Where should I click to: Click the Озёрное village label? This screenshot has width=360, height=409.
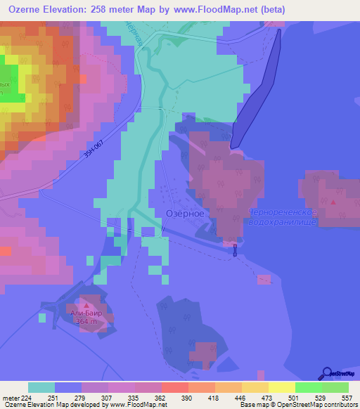click(x=184, y=213)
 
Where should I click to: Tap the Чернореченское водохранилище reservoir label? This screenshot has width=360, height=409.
click(x=283, y=217)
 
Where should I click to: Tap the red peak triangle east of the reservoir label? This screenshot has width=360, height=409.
click(x=333, y=202)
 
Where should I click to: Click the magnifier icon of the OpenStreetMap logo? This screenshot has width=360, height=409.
click(x=328, y=374)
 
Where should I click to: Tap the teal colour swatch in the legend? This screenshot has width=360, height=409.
click(x=41, y=387)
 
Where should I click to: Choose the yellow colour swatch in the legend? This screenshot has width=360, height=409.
click(x=282, y=387)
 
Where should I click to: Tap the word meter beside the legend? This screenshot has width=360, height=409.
click(x=10, y=397)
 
